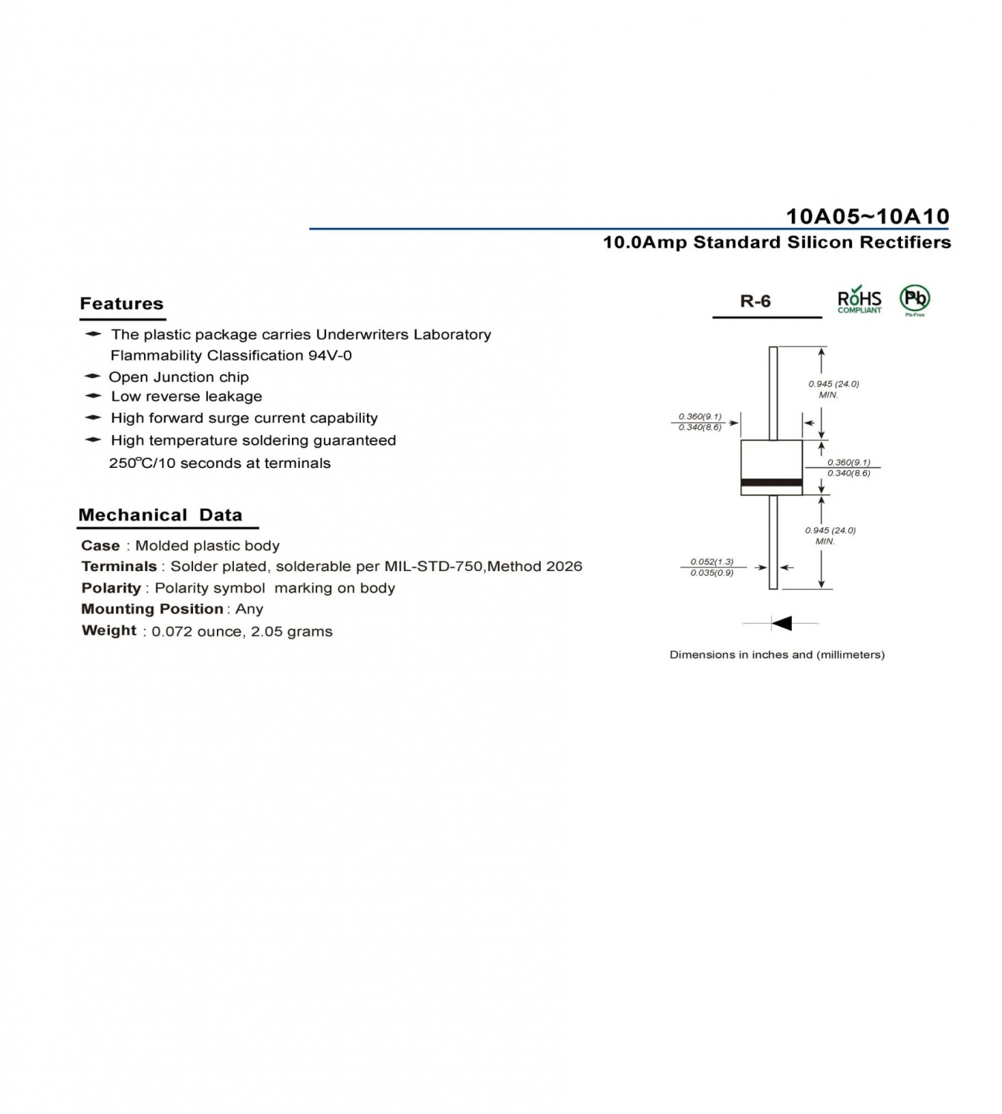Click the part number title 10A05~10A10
point(867,216)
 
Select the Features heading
point(122,303)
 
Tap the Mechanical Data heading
point(160,515)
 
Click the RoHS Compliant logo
point(859,300)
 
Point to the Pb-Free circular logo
point(914,300)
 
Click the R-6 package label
point(755,301)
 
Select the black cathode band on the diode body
point(771,483)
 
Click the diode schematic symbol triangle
point(781,623)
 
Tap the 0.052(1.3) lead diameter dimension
point(712,561)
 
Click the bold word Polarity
point(111,587)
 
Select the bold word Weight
point(109,631)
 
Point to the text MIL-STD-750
point(433,567)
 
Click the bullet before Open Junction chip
point(92,376)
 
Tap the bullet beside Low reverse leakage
point(93,395)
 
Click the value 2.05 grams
point(292,631)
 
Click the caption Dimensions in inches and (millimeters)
point(777,655)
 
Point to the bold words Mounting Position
point(152,609)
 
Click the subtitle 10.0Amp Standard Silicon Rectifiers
point(777,242)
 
